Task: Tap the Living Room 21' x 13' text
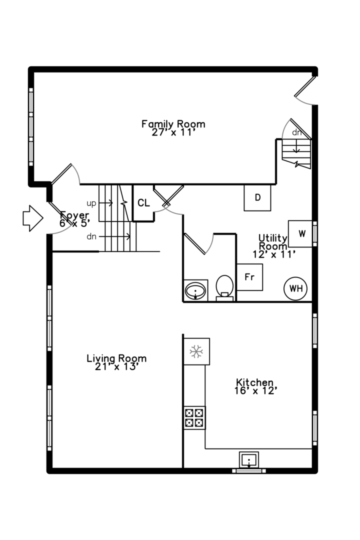click(x=116, y=362)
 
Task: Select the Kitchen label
click(x=255, y=386)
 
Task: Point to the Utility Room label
click(x=273, y=246)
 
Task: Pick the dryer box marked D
click(x=257, y=197)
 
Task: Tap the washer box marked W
click(x=300, y=234)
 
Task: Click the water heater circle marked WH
click(x=295, y=288)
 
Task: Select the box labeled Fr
click(x=250, y=277)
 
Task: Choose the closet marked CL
click(x=143, y=203)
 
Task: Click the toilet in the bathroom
click(x=224, y=288)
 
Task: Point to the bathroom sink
click(x=195, y=290)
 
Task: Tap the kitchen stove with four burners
click(x=194, y=417)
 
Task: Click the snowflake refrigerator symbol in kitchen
click(x=196, y=351)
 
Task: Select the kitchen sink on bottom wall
click(x=248, y=460)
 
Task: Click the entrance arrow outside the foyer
click(x=32, y=218)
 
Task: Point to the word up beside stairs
click(x=91, y=203)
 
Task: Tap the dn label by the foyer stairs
click(x=91, y=236)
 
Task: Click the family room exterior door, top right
click(x=305, y=90)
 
